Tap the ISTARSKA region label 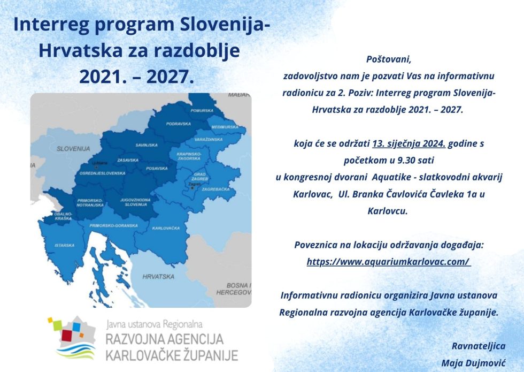click(x=65, y=246)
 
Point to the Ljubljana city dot click(x=96, y=166)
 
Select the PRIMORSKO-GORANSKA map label click(x=114, y=226)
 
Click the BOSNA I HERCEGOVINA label click(x=234, y=289)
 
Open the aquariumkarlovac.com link click(x=388, y=262)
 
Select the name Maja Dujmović click(x=473, y=363)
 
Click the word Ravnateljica click(x=478, y=346)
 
